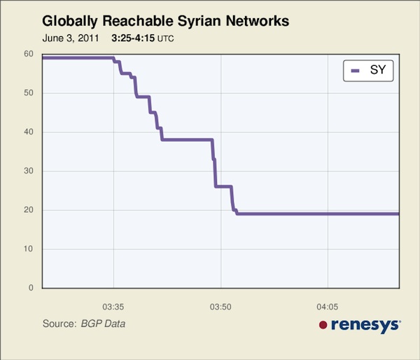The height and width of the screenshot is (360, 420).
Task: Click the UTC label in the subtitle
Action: pos(166,39)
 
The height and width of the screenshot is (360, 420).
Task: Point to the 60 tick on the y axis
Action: pos(29,54)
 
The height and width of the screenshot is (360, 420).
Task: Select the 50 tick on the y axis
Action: pos(29,93)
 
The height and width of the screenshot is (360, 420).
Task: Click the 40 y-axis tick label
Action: pos(29,132)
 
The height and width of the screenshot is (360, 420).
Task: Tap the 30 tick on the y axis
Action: pos(29,171)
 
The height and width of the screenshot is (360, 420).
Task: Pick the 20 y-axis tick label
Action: pos(29,210)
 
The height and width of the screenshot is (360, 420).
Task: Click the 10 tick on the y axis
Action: pos(29,249)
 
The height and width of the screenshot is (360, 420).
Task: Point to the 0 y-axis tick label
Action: pos(31,288)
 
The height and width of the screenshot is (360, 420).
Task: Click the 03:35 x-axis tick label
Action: pos(113,306)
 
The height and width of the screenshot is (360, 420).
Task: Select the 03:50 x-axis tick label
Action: pos(220,306)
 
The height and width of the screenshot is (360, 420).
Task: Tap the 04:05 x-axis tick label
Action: pos(328,306)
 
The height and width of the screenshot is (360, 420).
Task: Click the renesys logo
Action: pos(360,324)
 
